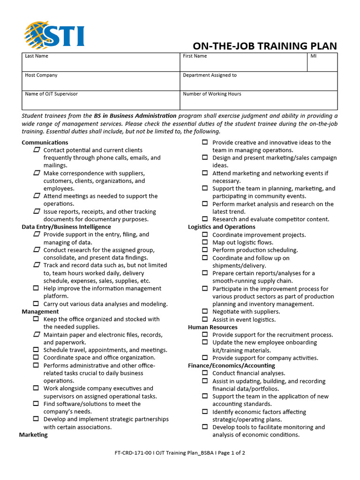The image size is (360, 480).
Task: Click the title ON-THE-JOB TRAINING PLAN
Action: [x=265, y=46]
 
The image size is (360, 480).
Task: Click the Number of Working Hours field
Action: [x=258, y=100]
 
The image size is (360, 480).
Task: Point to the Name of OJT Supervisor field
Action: [x=101, y=100]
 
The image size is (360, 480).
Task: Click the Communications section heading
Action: [x=45, y=142]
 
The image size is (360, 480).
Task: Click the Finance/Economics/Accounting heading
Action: [x=232, y=366]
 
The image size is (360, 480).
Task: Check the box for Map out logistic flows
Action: [x=205, y=242]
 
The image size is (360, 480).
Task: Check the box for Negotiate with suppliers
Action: [x=205, y=311]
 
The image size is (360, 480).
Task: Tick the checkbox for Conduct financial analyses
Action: [x=205, y=373]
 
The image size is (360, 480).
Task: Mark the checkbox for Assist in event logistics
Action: [x=205, y=320]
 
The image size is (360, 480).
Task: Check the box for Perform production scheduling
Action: [x=205, y=250]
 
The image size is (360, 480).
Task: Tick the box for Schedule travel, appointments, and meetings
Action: [x=36, y=350]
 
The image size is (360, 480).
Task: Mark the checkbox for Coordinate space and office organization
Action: [x=36, y=358]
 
